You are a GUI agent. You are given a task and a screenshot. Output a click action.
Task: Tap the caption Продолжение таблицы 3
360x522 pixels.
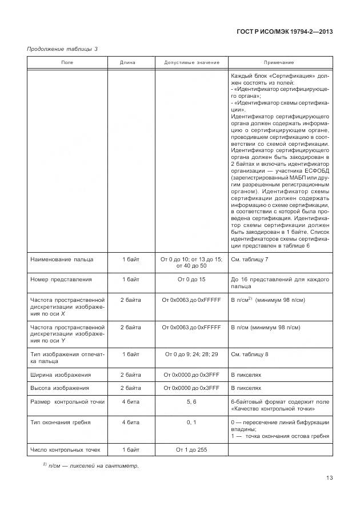tap(62, 49)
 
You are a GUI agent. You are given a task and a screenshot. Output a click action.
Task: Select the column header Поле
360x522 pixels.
tap(67, 62)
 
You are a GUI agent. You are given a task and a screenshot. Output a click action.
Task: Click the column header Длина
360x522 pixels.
tap(130, 62)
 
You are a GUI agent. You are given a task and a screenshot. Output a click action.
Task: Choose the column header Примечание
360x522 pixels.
tap(279, 62)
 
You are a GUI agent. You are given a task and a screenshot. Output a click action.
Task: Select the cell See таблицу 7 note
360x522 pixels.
tap(250, 259)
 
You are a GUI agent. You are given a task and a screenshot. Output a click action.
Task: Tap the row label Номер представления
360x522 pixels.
tap(61, 279)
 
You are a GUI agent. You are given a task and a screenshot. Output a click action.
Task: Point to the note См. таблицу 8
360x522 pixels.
tap(250, 354)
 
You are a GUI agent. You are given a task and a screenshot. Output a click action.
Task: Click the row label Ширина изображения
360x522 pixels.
tap(61, 374)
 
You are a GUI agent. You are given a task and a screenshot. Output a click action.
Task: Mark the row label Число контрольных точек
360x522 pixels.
tap(65, 449)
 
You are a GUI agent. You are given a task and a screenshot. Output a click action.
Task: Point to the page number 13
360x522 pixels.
tap(330, 478)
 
